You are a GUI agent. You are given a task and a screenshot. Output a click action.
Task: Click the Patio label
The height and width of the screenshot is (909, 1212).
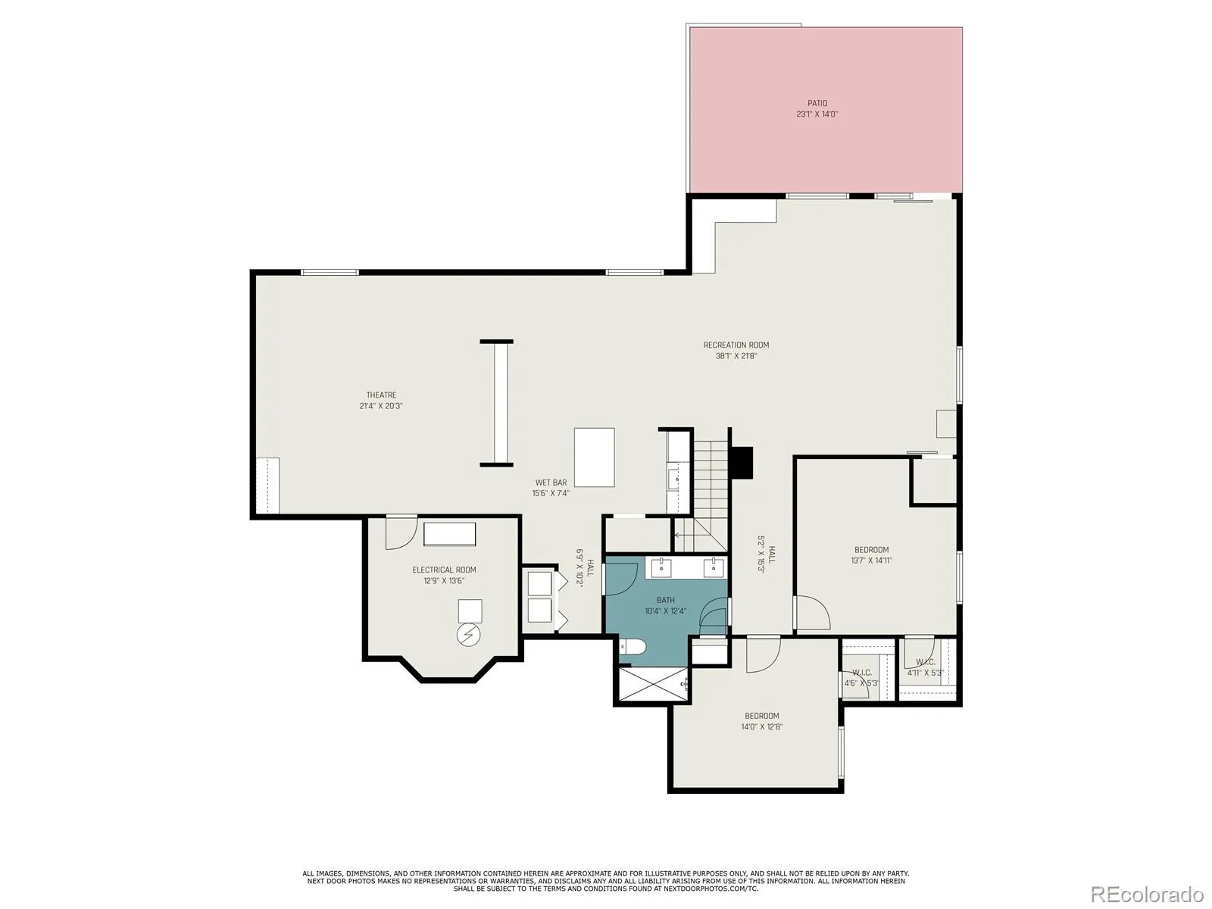[x=817, y=103]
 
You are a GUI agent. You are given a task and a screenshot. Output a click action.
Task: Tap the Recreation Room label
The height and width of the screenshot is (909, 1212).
[x=736, y=345]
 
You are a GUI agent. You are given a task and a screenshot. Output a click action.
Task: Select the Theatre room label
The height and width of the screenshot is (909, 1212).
[x=381, y=395]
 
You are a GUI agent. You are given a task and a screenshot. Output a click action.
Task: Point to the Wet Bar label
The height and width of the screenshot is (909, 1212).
[x=551, y=483]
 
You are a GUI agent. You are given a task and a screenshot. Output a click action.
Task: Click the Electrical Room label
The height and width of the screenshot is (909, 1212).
[x=444, y=570]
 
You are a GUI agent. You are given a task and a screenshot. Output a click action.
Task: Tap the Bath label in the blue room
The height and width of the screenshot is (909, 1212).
[x=665, y=600]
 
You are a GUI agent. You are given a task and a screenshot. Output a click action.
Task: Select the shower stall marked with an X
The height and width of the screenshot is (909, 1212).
[x=652, y=684]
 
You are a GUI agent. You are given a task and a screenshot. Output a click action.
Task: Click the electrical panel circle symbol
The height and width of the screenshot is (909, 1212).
[x=468, y=636]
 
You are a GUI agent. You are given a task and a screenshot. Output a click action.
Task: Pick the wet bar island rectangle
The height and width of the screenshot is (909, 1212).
[x=594, y=457]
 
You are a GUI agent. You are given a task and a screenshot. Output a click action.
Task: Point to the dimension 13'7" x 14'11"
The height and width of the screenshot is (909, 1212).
[x=871, y=561]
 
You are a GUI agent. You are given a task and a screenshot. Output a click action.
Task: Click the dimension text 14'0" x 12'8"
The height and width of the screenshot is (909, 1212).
[x=761, y=727]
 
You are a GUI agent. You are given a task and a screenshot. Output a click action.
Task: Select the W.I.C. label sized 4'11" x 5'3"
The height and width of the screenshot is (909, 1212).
[x=926, y=667]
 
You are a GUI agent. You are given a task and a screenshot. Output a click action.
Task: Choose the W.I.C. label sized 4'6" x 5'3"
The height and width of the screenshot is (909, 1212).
[x=861, y=678]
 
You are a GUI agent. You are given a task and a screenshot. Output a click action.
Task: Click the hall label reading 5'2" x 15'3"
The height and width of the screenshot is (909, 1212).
[x=766, y=554]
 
